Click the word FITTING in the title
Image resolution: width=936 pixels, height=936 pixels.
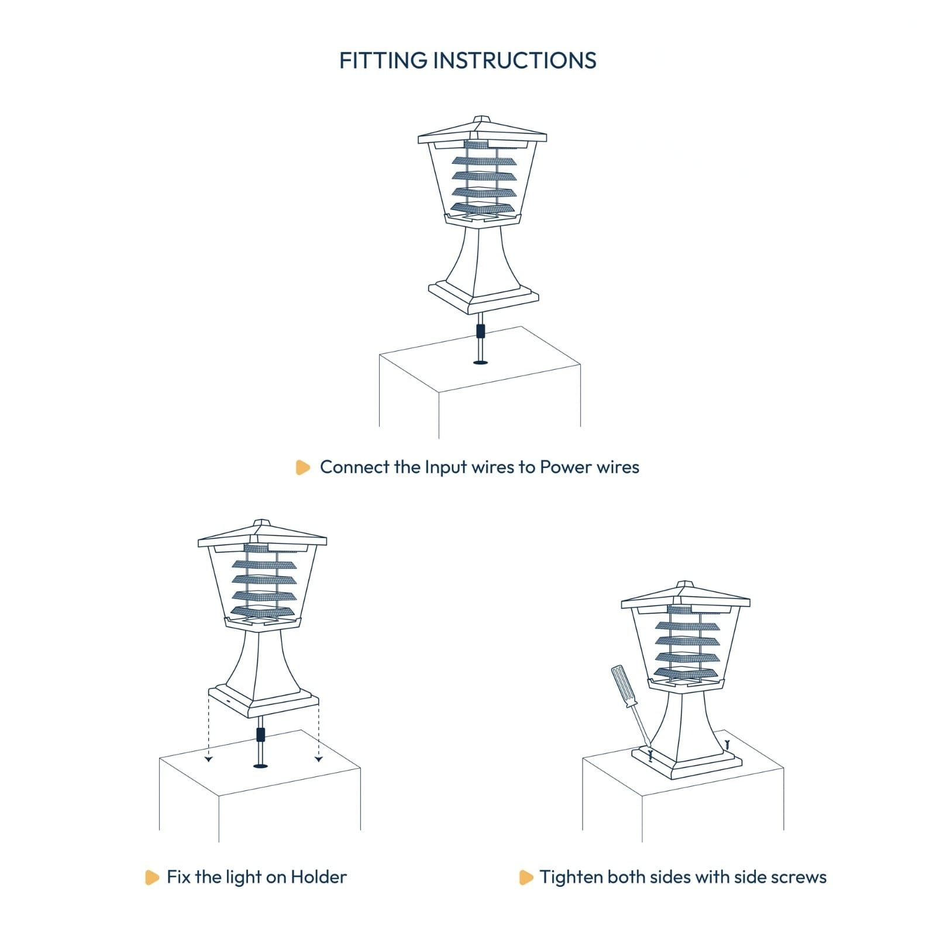(x=383, y=60)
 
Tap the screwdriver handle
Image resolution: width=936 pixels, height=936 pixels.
(x=621, y=686)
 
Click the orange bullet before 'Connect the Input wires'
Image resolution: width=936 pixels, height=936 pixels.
(x=302, y=467)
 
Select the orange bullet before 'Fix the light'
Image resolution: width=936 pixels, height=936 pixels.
(x=152, y=877)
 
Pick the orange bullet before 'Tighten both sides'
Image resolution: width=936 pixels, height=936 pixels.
(x=526, y=877)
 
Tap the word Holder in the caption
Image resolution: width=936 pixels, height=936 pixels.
(x=319, y=876)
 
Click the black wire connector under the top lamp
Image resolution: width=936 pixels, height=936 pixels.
(x=480, y=331)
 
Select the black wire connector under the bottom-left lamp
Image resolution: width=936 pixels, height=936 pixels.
(x=261, y=734)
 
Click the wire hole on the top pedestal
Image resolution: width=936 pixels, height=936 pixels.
(x=480, y=363)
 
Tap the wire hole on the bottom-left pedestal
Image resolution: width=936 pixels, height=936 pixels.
(x=260, y=765)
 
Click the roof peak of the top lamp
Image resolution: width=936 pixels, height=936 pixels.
(x=481, y=118)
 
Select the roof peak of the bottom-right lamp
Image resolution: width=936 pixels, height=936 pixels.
(x=684, y=583)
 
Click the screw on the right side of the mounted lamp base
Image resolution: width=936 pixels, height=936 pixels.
(x=727, y=745)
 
